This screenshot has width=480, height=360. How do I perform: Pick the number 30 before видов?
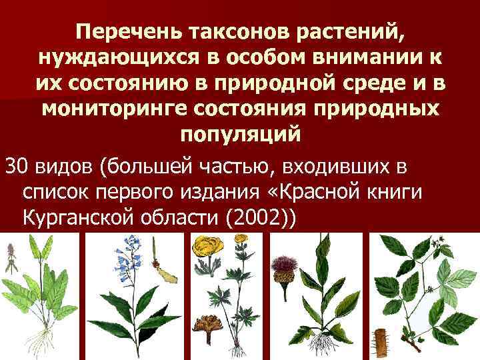click(15, 166)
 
